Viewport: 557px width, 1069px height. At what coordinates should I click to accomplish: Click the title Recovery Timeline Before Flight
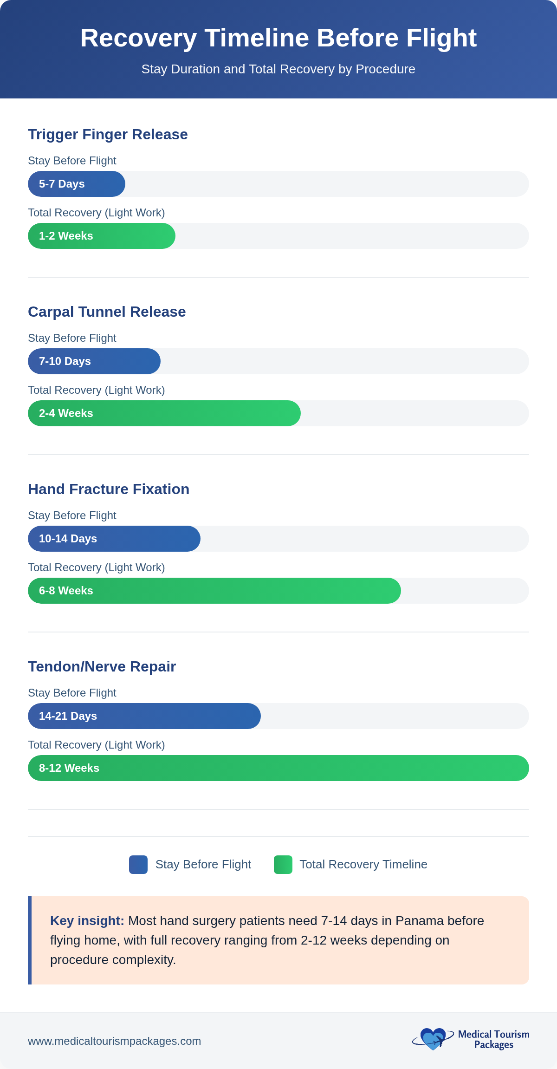tap(278, 38)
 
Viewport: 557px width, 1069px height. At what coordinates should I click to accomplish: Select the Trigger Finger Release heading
tap(108, 134)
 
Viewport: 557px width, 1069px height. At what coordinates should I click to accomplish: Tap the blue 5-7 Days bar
tap(77, 184)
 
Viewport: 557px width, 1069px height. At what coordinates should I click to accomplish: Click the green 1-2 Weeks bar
tap(102, 236)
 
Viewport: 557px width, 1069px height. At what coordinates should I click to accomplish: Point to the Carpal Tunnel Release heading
tap(107, 312)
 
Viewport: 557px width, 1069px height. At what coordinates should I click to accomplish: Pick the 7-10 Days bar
tap(94, 361)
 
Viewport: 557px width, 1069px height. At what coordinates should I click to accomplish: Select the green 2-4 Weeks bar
tap(164, 413)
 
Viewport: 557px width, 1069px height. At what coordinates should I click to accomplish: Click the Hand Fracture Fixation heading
tap(109, 489)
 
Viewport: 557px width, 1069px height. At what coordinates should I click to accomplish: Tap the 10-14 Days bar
tap(114, 539)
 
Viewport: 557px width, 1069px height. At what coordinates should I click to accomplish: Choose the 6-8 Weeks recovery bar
tap(214, 591)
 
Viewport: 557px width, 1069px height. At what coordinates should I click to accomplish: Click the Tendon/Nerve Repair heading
tap(102, 666)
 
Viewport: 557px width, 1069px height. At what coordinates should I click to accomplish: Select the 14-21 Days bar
tap(144, 716)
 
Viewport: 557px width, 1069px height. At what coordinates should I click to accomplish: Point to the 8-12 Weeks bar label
tap(69, 768)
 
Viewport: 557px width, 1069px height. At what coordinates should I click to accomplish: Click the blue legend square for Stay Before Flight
tap(138, 865)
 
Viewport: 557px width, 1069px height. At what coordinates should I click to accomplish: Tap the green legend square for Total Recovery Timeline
tap(283, 865)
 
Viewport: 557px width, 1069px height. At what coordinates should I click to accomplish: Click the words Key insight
tap(87, 921)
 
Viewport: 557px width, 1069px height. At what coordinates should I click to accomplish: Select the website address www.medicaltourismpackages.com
tap(114, 1041)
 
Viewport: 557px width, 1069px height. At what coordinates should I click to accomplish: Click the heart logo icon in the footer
tap(433, 1039)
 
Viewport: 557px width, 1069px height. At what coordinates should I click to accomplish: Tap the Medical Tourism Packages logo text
tap(493, 1039)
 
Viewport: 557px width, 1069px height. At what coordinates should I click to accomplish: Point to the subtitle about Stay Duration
tap(278, 69)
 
